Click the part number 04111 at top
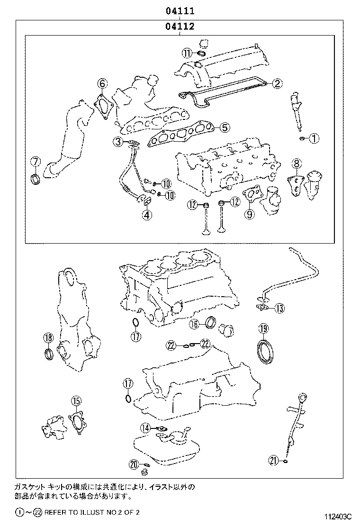click(180, 10)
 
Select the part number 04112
click(180, 27)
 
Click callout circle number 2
click(277, 83)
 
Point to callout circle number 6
click(102, 84)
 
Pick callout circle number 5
click(225, 127)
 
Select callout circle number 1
click(315, 138)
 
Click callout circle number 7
click(35, 161)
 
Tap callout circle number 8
click(296, 164)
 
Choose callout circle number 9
click(250, 213)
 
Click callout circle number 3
click(118, 141)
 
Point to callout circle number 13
click(279, 309)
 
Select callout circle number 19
click(263, 328)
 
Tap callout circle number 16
click(195, 324)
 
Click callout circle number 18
click(47, 338)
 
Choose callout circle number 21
click(273, 459)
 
